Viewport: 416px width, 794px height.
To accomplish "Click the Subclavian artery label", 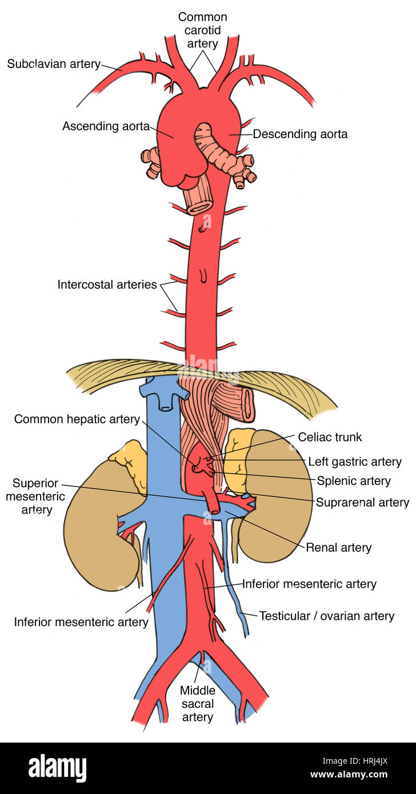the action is coord(54,64).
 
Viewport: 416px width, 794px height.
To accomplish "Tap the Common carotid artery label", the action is coord(202,30).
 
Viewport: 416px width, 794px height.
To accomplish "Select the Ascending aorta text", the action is coord(106,126).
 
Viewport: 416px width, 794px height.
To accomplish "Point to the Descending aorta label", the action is coord(300,134).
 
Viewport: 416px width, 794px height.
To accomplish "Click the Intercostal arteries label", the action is coord(107,284).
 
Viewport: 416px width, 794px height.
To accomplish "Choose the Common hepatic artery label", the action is coord(77,419).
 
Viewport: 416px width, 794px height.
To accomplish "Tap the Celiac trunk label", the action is coord(330,437).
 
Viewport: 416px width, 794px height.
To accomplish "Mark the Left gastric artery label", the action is coord(355,462).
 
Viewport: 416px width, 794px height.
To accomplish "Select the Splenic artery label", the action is coord(354,481).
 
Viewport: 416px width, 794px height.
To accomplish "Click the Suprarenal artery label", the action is coord(362,502).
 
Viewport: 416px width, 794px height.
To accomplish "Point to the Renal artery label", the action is coord(339,548).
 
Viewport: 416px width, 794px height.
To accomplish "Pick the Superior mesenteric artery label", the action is coord(35,496).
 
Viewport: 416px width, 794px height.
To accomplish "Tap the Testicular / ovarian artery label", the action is coord(327,616).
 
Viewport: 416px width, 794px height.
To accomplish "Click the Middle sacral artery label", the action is coord(198,704).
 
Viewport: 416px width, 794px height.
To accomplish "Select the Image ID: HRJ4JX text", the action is coord(355,761).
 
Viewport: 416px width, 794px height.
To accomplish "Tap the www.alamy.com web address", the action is coord(349,774).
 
